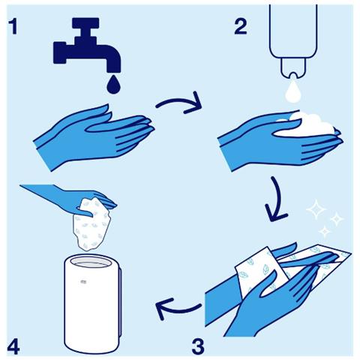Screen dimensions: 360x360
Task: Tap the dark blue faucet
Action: pos(83,49)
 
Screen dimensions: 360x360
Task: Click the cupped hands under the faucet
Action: pos(90,135)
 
